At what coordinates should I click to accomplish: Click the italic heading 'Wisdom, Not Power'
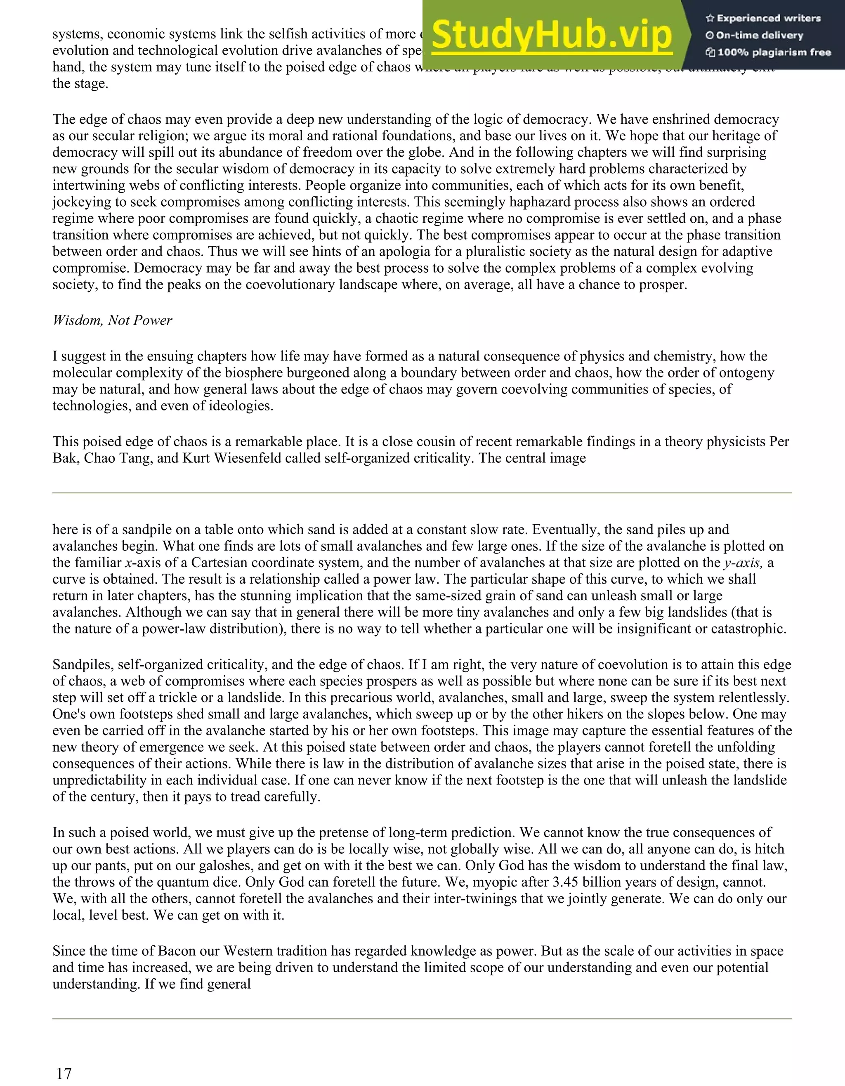(x=112, y=320)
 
